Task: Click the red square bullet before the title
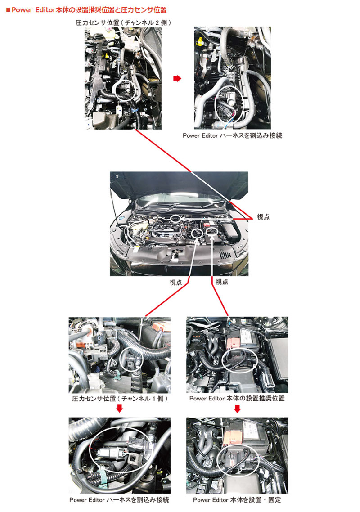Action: (8, 9)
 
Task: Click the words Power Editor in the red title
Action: (31, 9)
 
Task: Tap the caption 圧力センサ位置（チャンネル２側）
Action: (123, 22)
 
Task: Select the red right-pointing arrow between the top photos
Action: (177, 78)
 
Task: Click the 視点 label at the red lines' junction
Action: (263, 216)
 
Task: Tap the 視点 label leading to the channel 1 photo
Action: (176, 282)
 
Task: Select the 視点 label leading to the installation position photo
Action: (222, 282)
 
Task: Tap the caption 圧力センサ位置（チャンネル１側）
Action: (120, 399)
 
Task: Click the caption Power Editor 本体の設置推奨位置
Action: (237, 399)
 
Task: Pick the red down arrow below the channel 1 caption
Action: (120, 409)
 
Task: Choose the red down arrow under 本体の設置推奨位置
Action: (237, 409)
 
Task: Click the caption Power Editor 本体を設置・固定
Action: (237, 500)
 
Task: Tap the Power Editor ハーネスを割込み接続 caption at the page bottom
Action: (120, 500)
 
